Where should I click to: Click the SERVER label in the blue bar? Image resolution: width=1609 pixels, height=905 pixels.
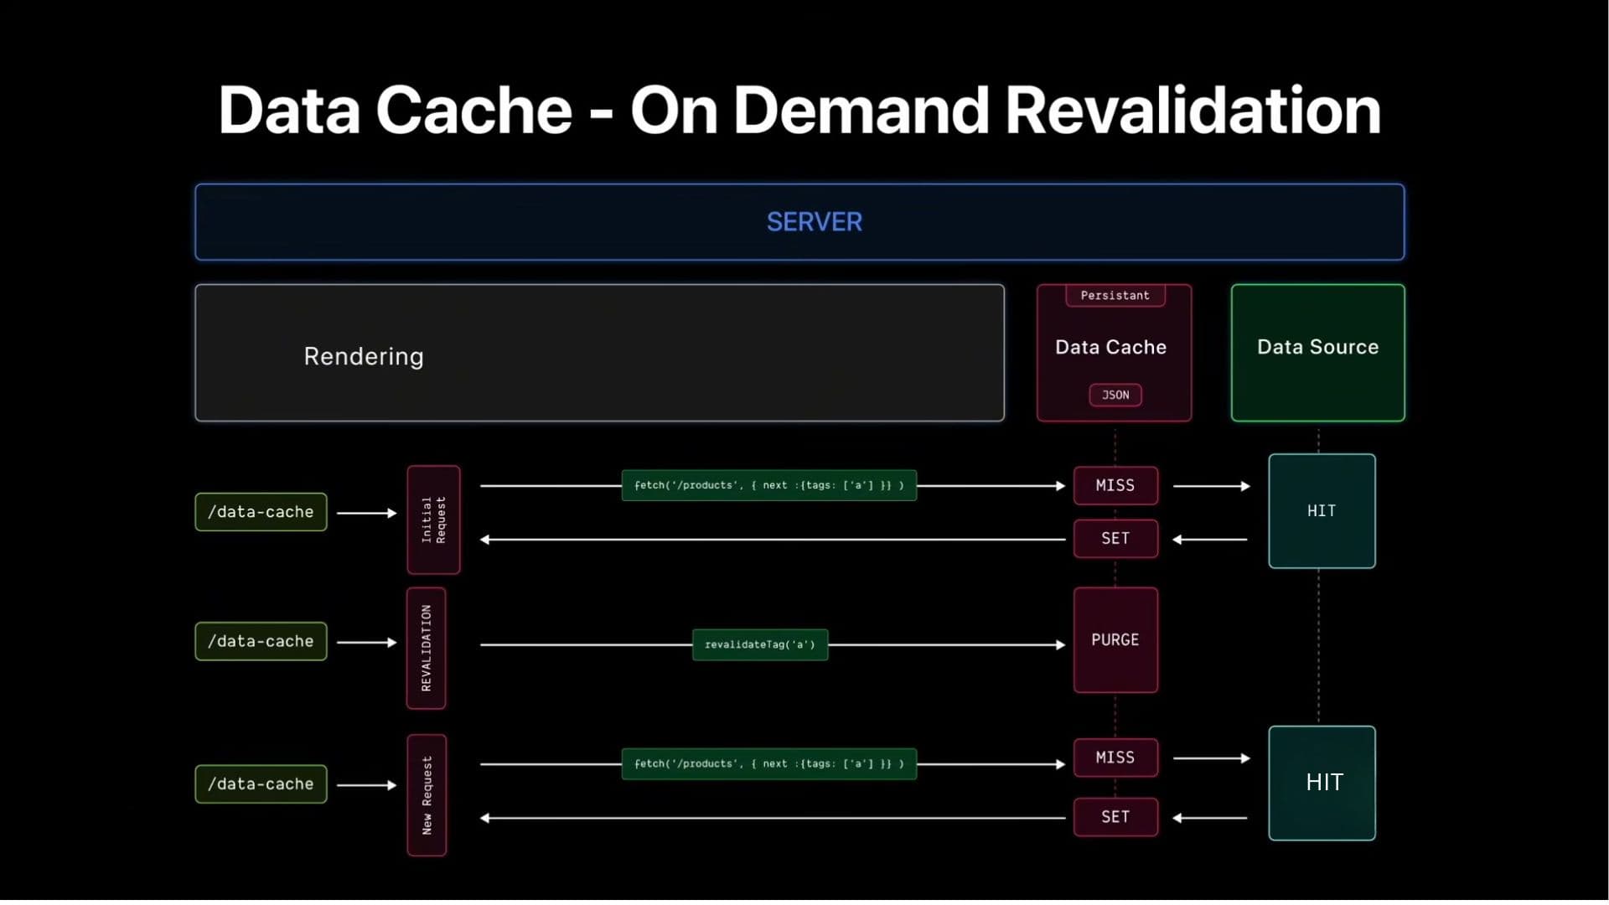814,222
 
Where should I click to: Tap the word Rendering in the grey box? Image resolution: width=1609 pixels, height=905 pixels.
363,356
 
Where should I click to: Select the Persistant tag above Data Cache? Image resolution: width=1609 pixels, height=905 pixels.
1115,296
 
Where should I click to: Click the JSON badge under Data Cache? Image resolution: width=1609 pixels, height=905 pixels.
1115,395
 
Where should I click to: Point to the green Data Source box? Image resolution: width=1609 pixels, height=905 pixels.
1317,352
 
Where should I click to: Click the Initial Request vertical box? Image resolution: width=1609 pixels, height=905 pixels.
433,520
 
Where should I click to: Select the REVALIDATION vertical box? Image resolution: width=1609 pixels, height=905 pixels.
426,648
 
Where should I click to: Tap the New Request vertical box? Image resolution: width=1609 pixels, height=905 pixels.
427,795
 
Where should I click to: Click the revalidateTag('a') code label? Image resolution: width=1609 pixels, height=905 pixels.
760,644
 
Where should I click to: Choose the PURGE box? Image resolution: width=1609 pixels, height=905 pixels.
1115,640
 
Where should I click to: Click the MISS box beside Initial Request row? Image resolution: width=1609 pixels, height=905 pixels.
1115,486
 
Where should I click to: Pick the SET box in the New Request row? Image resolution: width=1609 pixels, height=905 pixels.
1115,817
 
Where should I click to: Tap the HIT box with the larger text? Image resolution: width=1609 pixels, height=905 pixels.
1322,783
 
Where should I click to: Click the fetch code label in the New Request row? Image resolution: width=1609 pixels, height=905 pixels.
768,764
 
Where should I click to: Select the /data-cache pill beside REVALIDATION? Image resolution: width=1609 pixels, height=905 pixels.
261,641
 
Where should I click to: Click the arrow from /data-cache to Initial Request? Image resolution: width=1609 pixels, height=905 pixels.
366,513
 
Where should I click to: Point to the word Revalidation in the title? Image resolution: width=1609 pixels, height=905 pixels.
1192,111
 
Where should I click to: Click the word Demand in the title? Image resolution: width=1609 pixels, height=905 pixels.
861,111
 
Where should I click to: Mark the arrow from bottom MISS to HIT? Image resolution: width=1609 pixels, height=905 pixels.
1212,758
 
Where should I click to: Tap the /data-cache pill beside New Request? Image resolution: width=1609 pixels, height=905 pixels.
261,784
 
